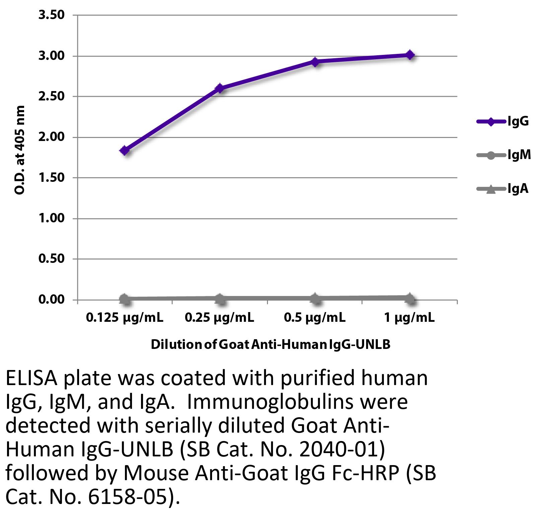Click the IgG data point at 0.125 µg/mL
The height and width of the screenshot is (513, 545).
(x=125, y=150)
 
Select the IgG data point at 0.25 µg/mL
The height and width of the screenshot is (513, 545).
(x=220, y=88)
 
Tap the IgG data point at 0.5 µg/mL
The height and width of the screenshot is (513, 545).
(x=315, y=62)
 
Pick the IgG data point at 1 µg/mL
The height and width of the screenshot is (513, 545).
(x=410, y=55)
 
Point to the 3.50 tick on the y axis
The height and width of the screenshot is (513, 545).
(x=51, y=15)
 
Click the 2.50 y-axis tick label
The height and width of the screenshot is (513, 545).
(x=51, y=96)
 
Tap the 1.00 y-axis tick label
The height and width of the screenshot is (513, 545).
(x=51, y=218)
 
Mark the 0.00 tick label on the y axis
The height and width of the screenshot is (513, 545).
(x=51, y=299)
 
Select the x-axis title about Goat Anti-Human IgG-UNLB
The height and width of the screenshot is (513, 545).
(x=271, y=344)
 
